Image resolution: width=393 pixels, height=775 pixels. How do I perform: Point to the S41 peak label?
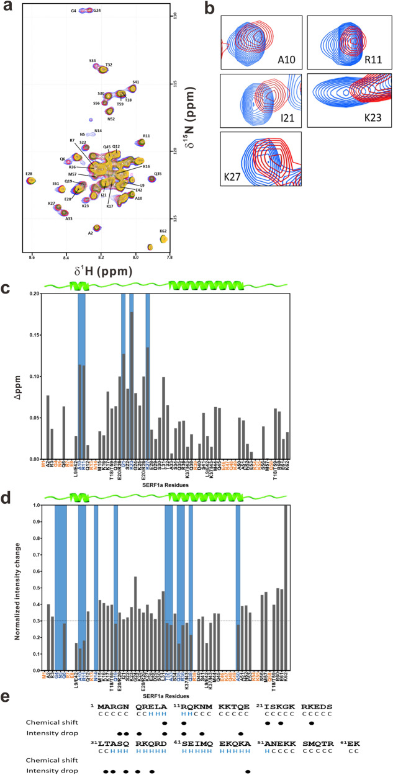[x=135, y=82]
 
